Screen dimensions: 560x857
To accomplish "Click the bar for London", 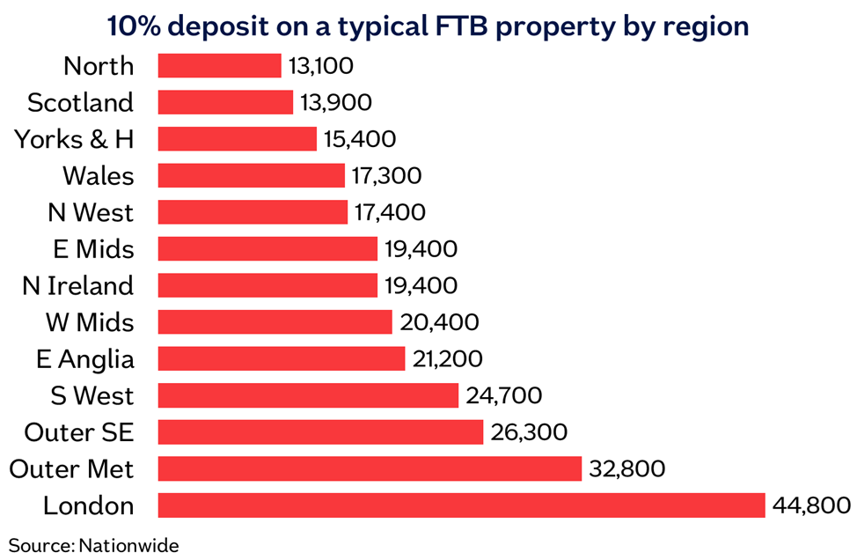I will tap(462, 505).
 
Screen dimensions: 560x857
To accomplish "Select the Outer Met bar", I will tap(370, 468).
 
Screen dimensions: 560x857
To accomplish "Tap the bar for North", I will tap(219, 66).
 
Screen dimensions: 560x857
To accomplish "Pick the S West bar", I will tap(308, 395).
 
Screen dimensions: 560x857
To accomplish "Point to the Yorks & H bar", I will tap(237, 139).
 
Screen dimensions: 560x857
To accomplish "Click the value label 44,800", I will tap(811, 505).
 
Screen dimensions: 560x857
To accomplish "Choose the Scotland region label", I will tap(81, 103).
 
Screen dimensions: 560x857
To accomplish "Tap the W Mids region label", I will tap(90, 322).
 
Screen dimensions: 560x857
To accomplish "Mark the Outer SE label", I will tap(79, 432).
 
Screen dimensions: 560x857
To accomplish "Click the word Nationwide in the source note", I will tap(128, 545).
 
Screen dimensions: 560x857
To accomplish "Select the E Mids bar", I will tap(267, 249).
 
